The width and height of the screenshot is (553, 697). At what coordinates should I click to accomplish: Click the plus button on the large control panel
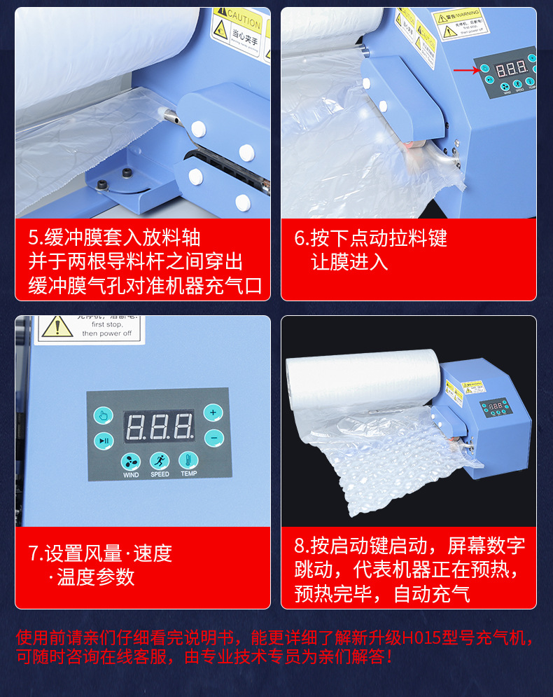coord(213,413)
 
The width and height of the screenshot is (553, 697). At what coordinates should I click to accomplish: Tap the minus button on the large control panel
coord(213,438)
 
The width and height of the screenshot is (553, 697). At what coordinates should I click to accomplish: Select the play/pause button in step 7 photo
coord(103,441)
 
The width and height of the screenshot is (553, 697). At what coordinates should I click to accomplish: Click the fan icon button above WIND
coord(131,461)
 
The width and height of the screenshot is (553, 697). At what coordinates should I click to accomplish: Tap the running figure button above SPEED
coord(160,460)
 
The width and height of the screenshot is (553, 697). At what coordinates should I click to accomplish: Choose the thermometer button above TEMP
coord(188,460)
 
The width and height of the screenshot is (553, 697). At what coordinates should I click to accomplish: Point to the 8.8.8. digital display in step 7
coord(159,427)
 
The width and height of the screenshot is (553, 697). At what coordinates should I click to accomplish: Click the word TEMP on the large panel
coord(188,474)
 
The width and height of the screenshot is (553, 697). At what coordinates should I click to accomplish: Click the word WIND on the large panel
coord(131,475)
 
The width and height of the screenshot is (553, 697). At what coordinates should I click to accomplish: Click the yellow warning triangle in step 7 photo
coord(56,326)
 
